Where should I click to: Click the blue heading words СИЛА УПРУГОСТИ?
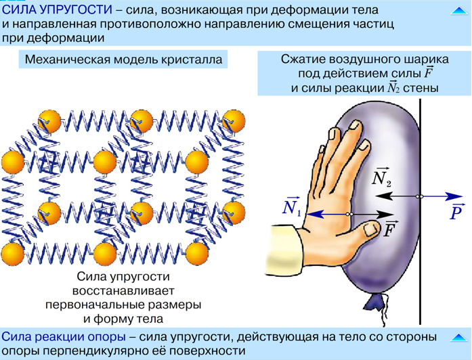click(x=57, y=9)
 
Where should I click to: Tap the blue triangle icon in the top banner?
click(x=459, y=11)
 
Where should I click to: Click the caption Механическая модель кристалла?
click(x=123, y=60)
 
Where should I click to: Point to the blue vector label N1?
click(x=291, y=206)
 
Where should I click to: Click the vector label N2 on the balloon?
click(x=381, y=177)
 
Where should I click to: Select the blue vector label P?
click(x=456, y=212)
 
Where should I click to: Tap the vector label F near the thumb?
click(x=390, y=229)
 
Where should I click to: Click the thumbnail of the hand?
click(x=370, y=230)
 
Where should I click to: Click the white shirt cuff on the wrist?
click(x=284, y=249)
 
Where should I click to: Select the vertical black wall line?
click(x=421, y=211)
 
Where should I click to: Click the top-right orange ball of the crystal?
click(x=234, y=121)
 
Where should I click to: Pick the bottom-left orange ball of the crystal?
click(x=12, y=253)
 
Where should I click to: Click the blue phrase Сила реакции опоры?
click(x=64, y=337)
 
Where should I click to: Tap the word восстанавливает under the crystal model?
click(x=123, y=290)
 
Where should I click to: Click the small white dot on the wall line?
click(x=420, y=196)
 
